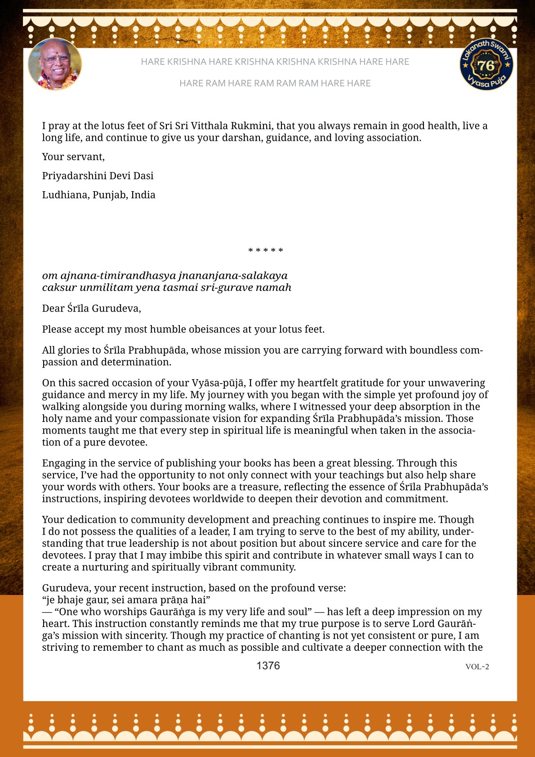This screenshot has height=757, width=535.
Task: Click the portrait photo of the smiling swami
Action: point(55,64)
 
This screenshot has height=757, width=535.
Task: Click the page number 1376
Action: point(268,666)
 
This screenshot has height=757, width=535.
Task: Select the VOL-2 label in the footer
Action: point(477,667)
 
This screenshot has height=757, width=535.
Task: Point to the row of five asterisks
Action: point(266,251)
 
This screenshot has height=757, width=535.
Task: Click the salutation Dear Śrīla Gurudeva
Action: point(91,308)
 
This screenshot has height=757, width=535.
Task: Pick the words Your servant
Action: point(73,157)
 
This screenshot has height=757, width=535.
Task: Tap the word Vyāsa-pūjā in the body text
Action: point(218,383)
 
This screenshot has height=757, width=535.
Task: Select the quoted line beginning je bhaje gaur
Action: point(126,600)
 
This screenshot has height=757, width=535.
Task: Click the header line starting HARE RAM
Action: point(275,83)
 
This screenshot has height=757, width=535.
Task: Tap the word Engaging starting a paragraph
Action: point(63,463)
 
